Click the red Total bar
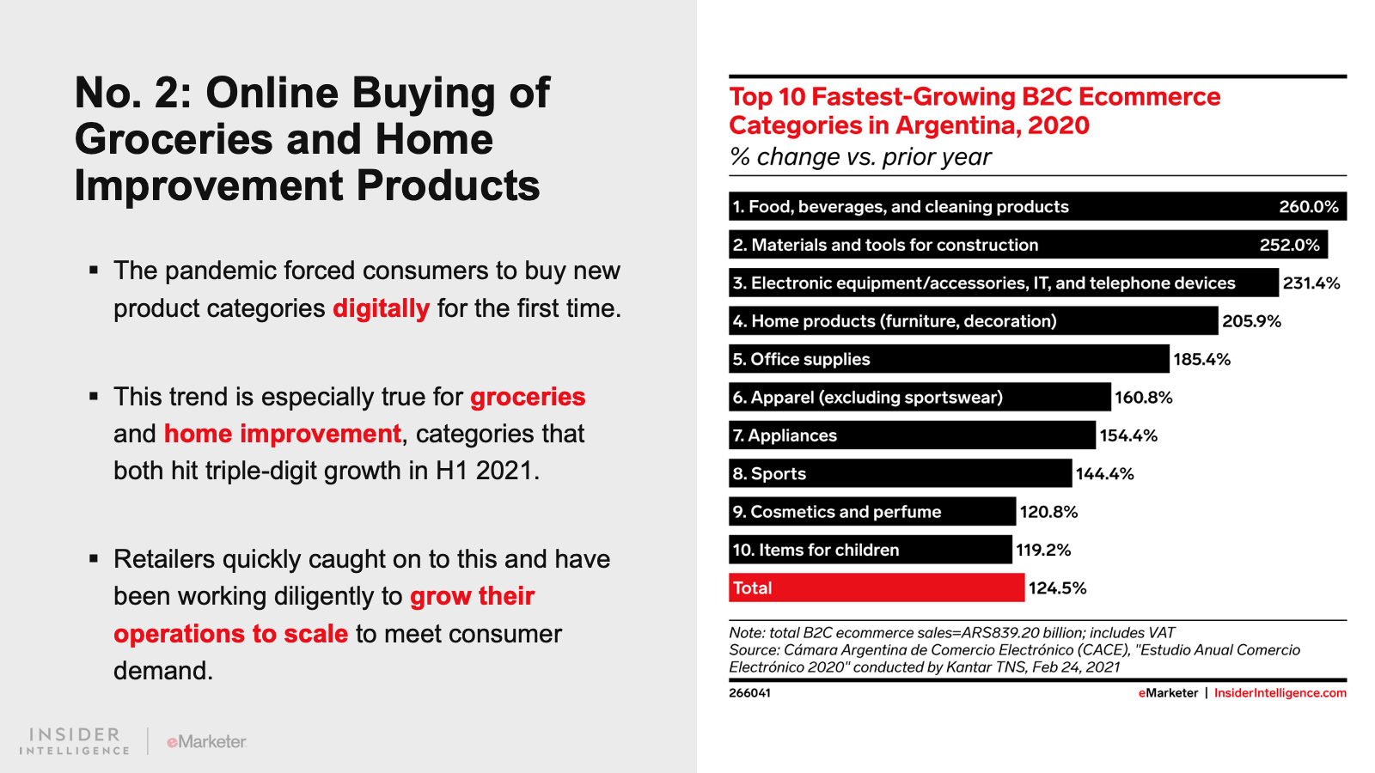(x=877, y=587)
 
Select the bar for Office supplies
(x=949, y=359)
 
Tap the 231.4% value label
(x=1311, y=283)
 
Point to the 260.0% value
(x=1308, y=207)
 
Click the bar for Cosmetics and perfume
(x=872, y=512)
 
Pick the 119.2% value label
(x=1043, y=550)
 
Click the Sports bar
(x=901, y=473)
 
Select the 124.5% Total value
(x=1057, y=588)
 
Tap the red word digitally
(x=381, y=308)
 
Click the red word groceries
(x=528, y=397)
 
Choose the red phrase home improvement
(x=283, y=434)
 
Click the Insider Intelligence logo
(x=75, y=740)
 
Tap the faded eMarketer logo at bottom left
(x=206, y=741)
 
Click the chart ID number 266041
(x=749, y=693)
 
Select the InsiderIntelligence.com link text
(x=1280, y=693)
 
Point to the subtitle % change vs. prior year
(x=860, y=157)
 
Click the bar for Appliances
(x=913, y=435)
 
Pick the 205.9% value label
(x=1251, y=321)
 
